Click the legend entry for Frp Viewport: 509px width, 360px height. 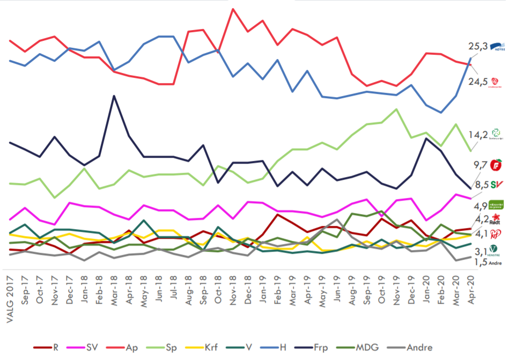tap(321, 348)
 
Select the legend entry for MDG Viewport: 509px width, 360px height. tap(367, 348)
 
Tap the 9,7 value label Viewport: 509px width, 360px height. tap(480, 165)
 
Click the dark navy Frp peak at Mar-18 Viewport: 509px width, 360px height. tap(113, 96)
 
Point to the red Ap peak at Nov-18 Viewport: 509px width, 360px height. tap(233, 9)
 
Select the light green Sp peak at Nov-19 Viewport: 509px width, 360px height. tap(396, 109)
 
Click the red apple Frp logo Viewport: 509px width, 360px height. tap(497, 164)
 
